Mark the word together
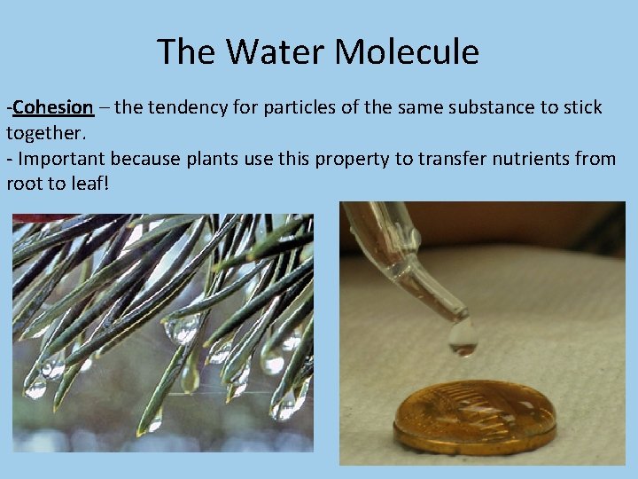click(x=44, y=133)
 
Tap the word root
click(x=23, y=185)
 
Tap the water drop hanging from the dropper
click(x=462, y=338)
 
